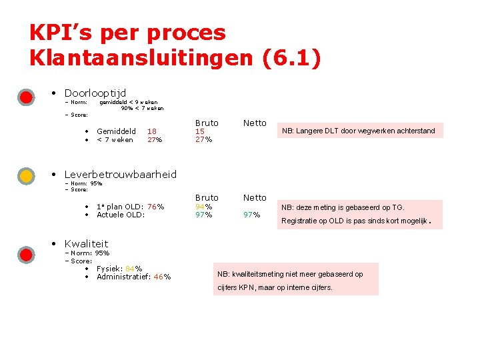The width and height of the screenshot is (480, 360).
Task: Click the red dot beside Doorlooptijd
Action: click(26, 97)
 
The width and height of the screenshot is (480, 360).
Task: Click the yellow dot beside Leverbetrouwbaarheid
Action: click(26, 176)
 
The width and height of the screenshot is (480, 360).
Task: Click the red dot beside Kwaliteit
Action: click(26, 255)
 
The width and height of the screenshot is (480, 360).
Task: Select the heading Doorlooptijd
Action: click(95, 93)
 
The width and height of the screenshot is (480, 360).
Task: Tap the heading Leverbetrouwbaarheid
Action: click(120, 174)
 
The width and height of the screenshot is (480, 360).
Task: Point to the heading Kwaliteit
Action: click(86, 243)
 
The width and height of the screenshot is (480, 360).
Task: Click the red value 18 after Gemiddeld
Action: click(152, 131)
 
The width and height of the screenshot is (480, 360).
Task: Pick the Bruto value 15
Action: click(200, 131)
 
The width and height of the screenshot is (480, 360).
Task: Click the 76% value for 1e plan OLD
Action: click(155, 206)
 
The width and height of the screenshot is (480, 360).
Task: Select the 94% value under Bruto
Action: click(203, 206)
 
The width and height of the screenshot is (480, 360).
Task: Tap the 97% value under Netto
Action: click(251, 215)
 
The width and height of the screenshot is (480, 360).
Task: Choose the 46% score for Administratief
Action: click(162, 277)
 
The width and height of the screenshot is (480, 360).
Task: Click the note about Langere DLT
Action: click(358, 131)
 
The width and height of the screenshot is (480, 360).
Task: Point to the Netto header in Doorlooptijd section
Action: click(255, 123)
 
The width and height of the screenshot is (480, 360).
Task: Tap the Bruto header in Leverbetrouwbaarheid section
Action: click(207, 197)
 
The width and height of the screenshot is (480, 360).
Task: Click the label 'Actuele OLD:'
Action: click(120, 215)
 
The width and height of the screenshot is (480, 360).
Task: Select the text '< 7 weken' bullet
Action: click(115, 139)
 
